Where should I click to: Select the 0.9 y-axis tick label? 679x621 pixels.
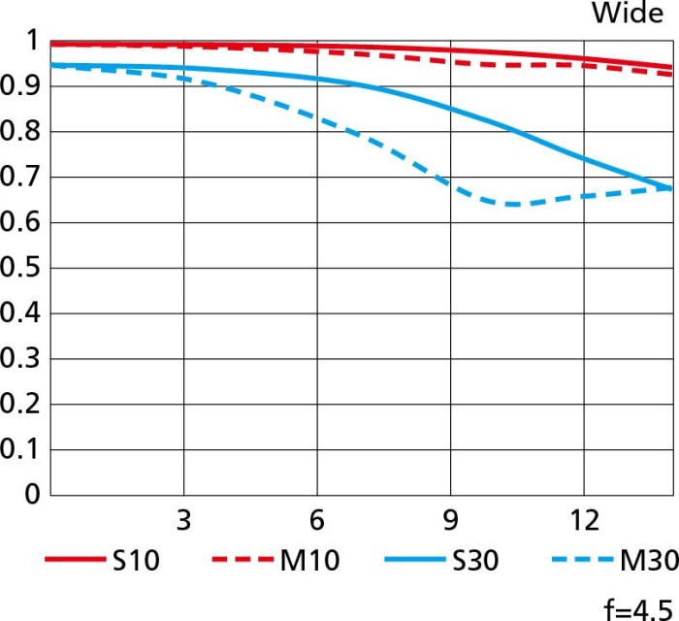point(21,86)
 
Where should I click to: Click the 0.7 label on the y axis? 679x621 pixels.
point(21,177)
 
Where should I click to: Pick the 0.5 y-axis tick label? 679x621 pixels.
point(21,268)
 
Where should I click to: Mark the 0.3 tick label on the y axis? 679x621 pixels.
point(21,358)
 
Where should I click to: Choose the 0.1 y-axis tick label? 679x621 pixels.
point(21,449)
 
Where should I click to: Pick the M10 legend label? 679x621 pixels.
point(310,561)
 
